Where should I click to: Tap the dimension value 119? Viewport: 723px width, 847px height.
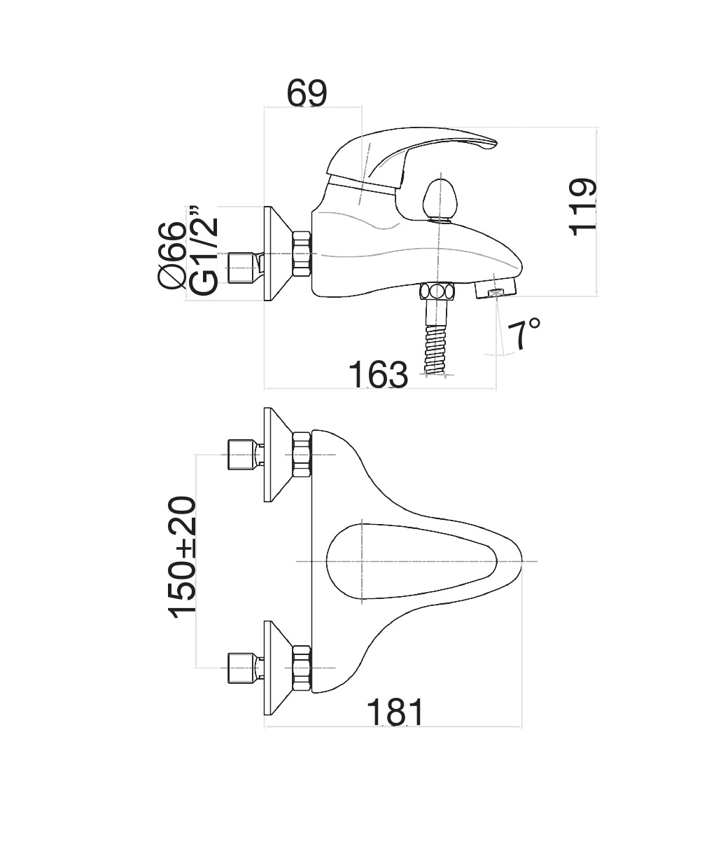point(582,207)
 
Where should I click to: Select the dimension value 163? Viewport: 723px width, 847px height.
point(378,375)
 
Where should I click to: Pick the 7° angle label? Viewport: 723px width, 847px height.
point(524,334)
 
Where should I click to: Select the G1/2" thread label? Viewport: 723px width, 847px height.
point(204,250)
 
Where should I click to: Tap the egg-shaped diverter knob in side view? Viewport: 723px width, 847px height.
point(438,202)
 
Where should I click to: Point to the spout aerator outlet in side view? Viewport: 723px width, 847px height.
point(495,290)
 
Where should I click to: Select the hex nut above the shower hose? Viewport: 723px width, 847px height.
point(437,291)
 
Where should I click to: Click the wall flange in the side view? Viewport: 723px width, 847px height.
point(279,254)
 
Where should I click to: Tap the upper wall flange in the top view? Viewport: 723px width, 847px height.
point(279,455)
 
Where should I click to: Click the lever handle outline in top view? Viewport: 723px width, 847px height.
point(412,561)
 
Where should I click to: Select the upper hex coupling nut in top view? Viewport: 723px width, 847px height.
point(302,455)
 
